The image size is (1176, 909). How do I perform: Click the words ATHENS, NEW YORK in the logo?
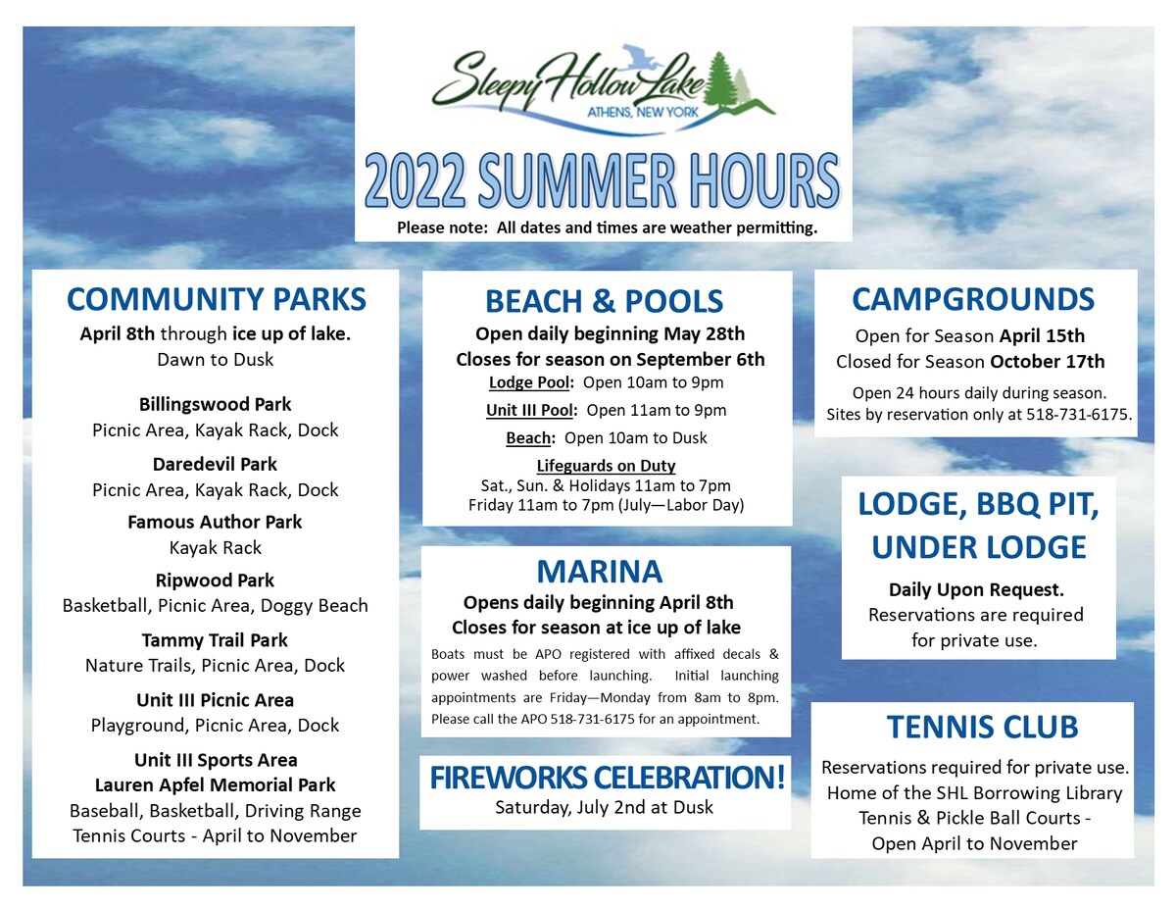tap(643, 112)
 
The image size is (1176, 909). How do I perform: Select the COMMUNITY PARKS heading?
tap(216, 299)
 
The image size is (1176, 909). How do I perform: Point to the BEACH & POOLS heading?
tap(604, 302)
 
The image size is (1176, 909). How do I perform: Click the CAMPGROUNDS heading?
tap(973, 299)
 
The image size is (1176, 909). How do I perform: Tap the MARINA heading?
tap(600, 571)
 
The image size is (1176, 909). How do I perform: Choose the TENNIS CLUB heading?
tap(982, 727)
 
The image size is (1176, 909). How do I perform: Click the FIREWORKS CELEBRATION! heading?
tap(608, 778)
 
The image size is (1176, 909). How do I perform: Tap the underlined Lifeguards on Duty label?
tap(606, 466)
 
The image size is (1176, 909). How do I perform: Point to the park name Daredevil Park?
tap(215, 465)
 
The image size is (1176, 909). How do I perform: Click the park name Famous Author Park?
tap(215, 522)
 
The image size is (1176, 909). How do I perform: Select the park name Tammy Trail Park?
tap(215, 640)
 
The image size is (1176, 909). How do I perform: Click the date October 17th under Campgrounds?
tap(1048, 362)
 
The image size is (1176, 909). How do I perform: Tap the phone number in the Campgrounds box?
tap(1076, 415)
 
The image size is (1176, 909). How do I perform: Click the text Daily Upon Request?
tap(976, 590)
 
